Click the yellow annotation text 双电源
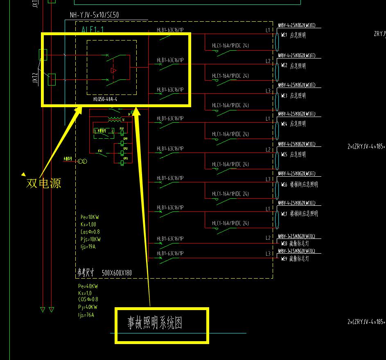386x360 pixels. (x=44, y=183)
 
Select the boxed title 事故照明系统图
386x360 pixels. (x=155, y=323)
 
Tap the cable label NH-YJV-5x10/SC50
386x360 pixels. (x=95, y=15)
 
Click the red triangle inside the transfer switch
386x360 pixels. (x=113, y=71)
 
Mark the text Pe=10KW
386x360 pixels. (x=90, y=217)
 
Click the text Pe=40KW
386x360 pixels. (x=88, y=286)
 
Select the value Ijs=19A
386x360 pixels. (x=88, y=247)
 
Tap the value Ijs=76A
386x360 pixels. (x=86, y=315)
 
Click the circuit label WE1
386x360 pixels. (x=284, y=36)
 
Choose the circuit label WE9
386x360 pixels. (x=284, y=259)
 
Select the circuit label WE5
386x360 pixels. (x=284, y=155)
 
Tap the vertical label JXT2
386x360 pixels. (x=35, y=77)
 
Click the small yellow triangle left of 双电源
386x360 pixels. (x=24, y=174)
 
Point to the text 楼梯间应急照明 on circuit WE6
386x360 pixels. (x=304, y=184)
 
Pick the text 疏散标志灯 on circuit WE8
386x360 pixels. (x=299, y=244)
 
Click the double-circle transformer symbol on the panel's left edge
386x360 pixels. (x=83, y=162)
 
